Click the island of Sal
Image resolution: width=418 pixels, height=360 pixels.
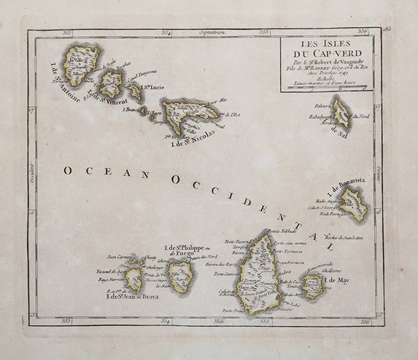click(341, 112)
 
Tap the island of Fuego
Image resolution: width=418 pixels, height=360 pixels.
click(181, 274)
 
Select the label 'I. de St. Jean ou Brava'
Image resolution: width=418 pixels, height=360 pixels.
click(132, 297)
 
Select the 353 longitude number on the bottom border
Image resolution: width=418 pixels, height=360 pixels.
click(66, 321)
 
